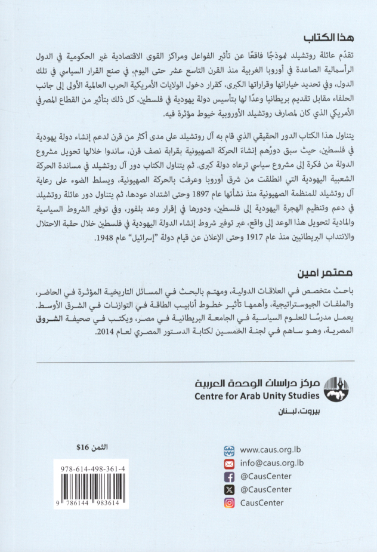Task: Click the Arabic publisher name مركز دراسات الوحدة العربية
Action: (x=257, y=382)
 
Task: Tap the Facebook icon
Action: (x=229, y=476)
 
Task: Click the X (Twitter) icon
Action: (x=229, y=489)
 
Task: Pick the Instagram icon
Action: (x=229, y=502)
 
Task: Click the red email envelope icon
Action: (x=229, y=463)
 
